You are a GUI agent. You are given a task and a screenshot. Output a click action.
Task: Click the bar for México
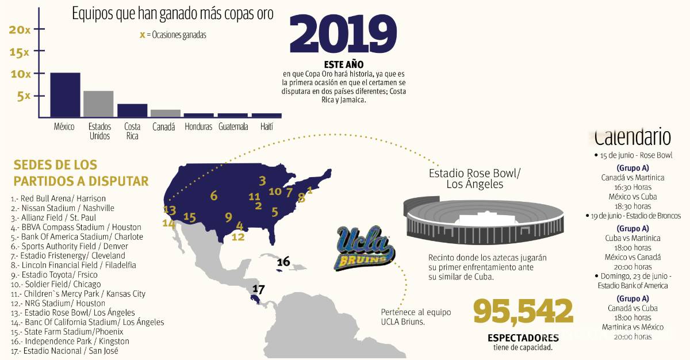tap(65, 94)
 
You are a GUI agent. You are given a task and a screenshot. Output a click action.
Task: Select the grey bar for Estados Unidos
tap(98, 104)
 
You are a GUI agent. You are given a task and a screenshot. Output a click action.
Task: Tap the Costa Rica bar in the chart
tap(132, 110)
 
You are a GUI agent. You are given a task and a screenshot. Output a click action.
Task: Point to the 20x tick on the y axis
tap(20, 30)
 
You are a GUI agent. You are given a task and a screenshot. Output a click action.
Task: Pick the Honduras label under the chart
tap(198, 127)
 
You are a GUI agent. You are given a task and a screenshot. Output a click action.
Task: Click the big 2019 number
tap(343, 33)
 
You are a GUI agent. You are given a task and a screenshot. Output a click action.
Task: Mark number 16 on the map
tap(283, 262)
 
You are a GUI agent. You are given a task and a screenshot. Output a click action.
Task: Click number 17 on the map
tap(258, 289)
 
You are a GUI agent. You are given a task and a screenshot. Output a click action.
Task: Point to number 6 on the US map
tap(214, 196)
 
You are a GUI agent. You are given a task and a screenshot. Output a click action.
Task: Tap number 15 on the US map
tap(190, 217)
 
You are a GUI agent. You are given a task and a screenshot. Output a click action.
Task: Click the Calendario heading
tap(632, 137)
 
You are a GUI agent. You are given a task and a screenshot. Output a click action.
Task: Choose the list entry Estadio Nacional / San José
tap(64, 350)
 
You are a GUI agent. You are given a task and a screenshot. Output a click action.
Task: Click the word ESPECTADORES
tap(523, 338)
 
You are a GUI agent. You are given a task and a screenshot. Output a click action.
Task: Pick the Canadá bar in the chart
tap(166, 113)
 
